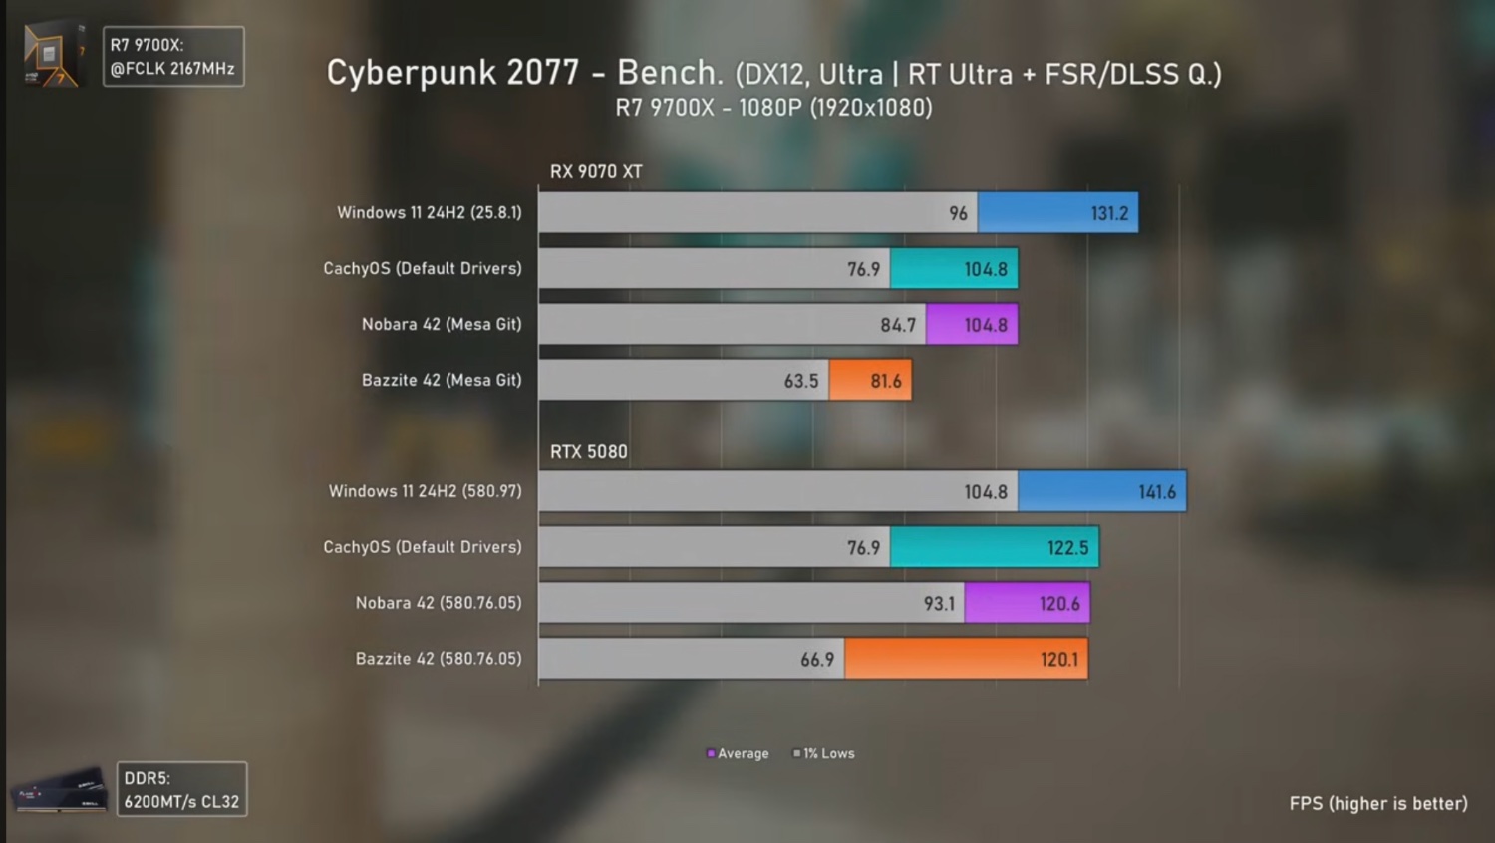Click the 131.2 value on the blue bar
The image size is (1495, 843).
(1109, 213)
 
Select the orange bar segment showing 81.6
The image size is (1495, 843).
(870, 381)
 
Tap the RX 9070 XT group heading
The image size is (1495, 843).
(596, 171)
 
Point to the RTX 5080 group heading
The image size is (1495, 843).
(589, 452)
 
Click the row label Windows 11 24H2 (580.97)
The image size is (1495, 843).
(426, 491)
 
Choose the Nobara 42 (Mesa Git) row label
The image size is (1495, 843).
(442, 324)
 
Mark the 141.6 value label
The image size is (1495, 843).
(1156, 492)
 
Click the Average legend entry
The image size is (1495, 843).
(739, 754)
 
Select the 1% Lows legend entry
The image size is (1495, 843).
(824, 754)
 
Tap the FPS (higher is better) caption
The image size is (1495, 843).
(1377, 803)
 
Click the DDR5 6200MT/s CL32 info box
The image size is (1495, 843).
(181, 789)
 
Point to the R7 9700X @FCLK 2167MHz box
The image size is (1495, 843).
(172, 57)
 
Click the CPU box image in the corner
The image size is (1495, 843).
(53, 55)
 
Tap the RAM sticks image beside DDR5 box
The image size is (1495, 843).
(60, 790)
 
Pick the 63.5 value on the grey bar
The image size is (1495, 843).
(800, 381)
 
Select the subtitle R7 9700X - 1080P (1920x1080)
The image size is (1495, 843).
(773, 108)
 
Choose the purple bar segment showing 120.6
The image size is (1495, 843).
(1027, 604)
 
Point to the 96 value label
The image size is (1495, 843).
(958, 213)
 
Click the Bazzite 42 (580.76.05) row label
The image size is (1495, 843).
(439, 659)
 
